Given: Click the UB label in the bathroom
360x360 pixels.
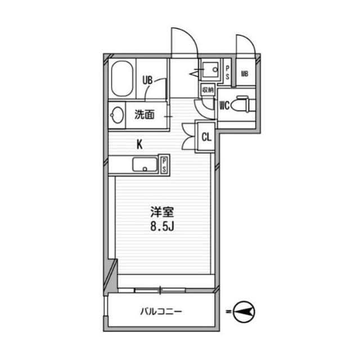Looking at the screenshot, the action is click(147, 80).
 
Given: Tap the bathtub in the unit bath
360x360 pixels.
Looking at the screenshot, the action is click(122, 79).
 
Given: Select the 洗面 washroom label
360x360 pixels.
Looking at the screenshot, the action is click(145, 114).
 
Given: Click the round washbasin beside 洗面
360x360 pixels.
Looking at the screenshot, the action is click(117, 115).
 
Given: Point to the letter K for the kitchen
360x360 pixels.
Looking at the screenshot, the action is click(139, 145).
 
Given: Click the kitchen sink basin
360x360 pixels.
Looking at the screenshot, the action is click(145, 164).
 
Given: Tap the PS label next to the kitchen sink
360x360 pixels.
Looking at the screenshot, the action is click(164, 165).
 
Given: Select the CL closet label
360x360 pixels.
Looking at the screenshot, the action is click(206, 137).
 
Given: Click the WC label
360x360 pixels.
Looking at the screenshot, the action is click(224, 106).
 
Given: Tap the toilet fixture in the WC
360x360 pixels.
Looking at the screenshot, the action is click(242, 105).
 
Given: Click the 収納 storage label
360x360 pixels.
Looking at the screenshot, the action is click(208, 90).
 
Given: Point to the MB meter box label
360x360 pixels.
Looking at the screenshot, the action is click(245, 74).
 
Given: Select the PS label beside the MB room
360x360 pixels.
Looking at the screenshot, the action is click(227, 73).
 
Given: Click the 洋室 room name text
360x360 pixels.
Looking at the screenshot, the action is click(162, 212).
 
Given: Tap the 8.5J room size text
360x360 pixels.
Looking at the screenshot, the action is click(162, 227).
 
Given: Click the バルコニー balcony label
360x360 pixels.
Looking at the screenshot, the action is click(161, 312).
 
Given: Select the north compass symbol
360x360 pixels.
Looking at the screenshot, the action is click(244, 312).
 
